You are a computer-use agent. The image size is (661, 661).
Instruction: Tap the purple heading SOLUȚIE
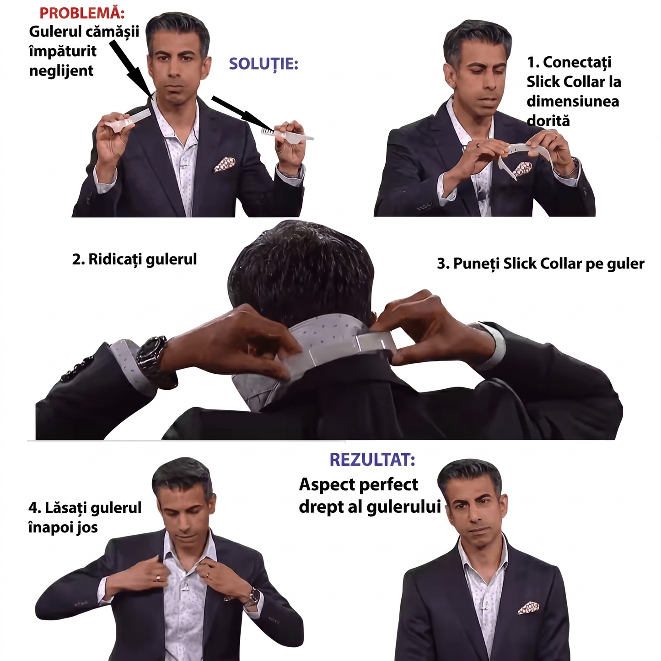(x=263, y=64)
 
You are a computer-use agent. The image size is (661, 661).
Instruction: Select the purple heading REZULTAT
(x=372, y=460)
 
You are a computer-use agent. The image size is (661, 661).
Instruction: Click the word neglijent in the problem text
(x=61, y=70)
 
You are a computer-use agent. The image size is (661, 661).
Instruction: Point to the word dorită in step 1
(x=548, y=120)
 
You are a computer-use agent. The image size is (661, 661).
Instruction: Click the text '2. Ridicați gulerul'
(x=134, y=260)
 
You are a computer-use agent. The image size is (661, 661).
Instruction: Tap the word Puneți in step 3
(x=476, y=264)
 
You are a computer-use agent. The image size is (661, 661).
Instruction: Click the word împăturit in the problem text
(x=63, y=51)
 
